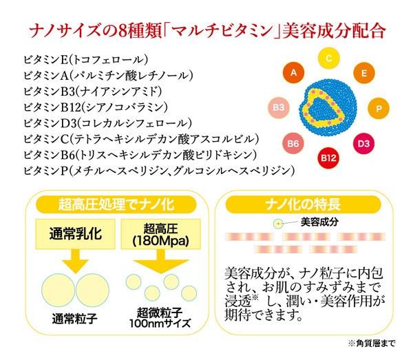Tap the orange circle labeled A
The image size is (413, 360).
[294, 72]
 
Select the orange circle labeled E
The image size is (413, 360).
[364, 72]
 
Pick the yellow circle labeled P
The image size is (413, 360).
[379, 109]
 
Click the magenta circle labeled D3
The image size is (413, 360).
[364, 144]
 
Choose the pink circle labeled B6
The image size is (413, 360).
[293, 144]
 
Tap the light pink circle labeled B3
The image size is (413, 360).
[279, 108]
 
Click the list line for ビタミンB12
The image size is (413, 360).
[103, 107]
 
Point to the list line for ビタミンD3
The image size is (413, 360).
[106, 123]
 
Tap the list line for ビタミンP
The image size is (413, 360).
[159, 169]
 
